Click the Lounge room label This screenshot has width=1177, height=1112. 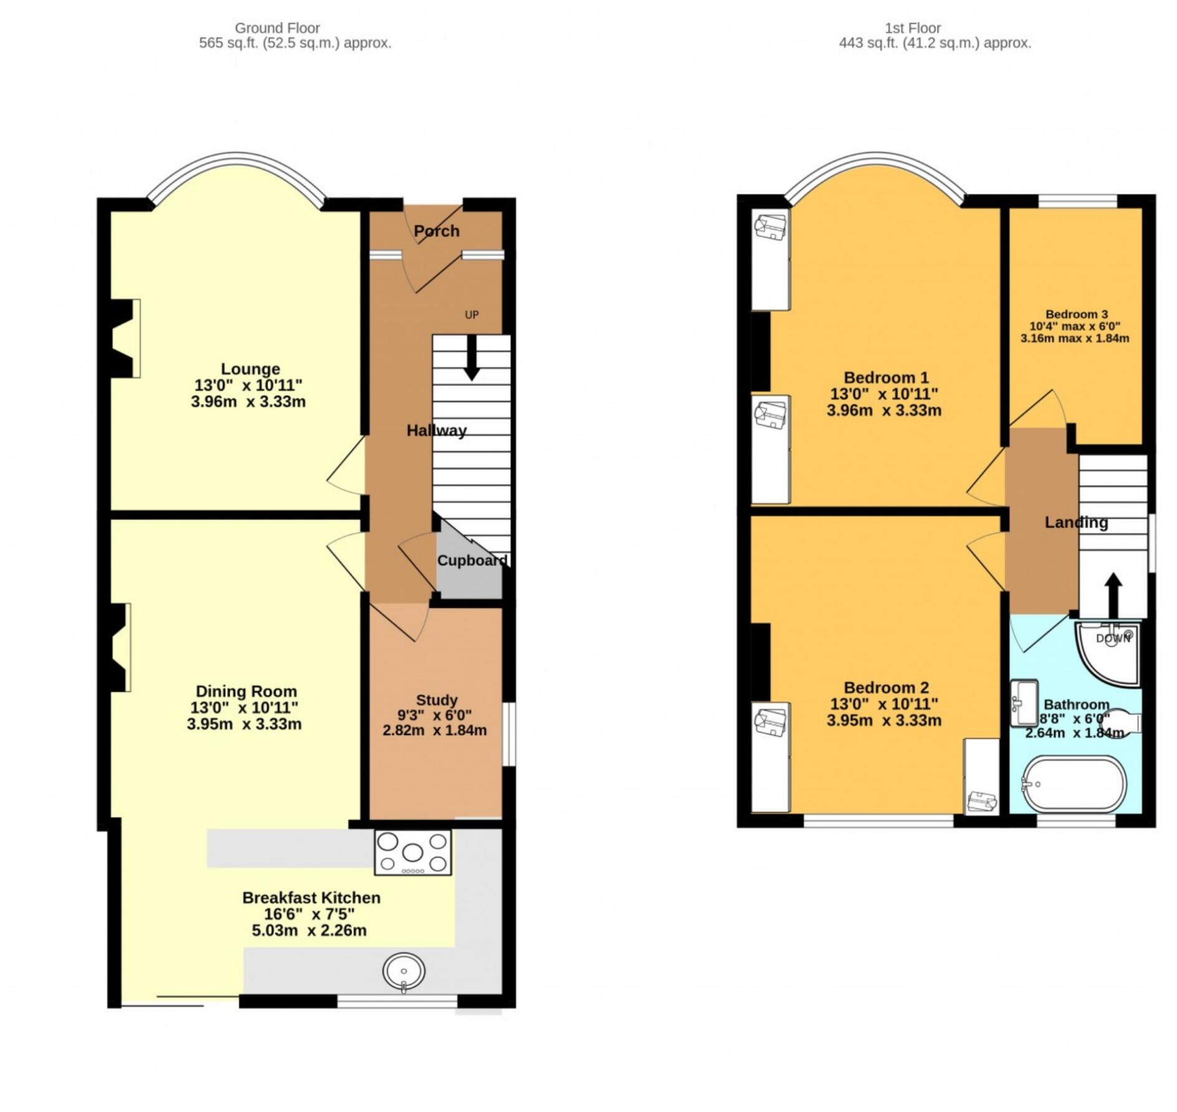[250, 368]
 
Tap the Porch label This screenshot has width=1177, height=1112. [436, 231]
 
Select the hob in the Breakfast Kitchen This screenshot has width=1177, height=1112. [413, 851]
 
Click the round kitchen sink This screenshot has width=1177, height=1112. [404, 972]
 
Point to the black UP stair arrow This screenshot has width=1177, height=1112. [472, 357]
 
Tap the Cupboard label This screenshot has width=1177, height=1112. [472, 560]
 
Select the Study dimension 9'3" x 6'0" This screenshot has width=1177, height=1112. [435, 715]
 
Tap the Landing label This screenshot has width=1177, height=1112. [1076, 522]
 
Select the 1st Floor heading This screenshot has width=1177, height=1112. [913, 28]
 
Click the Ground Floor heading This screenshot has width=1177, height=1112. [277, 28]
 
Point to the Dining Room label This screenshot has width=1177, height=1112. [246, 691]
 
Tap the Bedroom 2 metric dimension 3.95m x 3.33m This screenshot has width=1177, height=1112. [884, 720]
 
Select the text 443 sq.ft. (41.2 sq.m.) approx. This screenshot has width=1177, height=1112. [934, 43]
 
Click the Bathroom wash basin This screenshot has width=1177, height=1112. [1024, 703]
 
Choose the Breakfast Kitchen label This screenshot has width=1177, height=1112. [311, 898]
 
